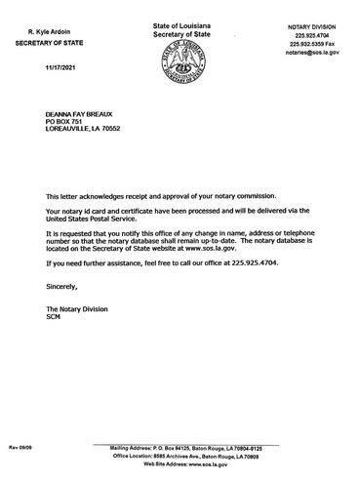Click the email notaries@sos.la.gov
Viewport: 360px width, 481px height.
pyautogui.click(x=312, y=55)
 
